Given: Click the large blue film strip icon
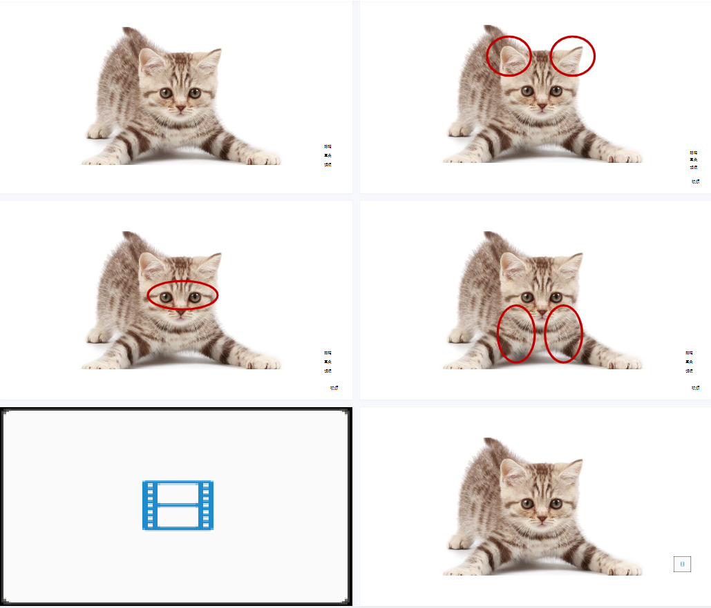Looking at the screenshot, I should click(178, 505).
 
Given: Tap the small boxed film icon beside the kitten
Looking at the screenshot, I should click(682, 564).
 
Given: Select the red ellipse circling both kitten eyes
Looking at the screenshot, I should click(182, 295).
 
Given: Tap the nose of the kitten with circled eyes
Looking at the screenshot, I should click(180, 311).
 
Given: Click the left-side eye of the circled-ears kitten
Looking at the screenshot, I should click(527, 90).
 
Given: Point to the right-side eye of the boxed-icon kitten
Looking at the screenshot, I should click(556, 503).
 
